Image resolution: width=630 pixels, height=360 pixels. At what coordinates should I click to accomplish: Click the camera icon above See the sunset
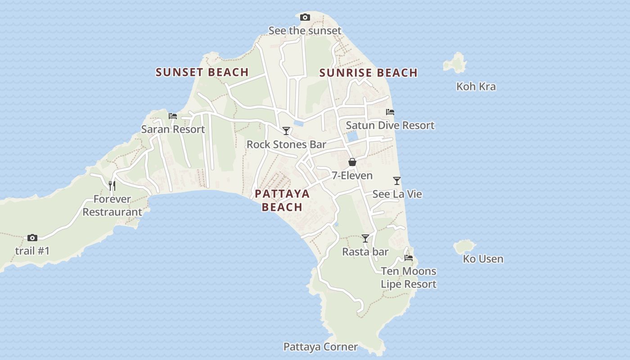pyautogui.click(x=305, y=18)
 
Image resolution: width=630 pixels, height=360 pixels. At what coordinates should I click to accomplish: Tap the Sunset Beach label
pyautogui.click(x=202, y=72)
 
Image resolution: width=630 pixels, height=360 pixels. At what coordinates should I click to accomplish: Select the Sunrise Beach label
pyautogui.click(x=368, y=73)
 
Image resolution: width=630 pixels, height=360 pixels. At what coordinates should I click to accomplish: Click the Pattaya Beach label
pyautogui.click(x=282, y=200)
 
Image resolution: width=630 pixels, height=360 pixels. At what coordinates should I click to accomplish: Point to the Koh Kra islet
pyautogui.click(x=455, y=63)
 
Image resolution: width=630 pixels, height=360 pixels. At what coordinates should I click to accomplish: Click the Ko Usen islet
pyautogui.click(x=464, y=246)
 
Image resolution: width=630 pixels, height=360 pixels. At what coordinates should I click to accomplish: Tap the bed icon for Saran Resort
pyautogui.click(x=173, y=116)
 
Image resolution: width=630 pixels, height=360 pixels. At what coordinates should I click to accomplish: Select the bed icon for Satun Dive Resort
pyautogui.click(x=390, y=112)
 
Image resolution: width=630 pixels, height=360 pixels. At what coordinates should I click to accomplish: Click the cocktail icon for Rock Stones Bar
pyautogui.click(x=286, y=131)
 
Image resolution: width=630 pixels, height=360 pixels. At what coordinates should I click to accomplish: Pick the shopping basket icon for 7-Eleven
pyautogui.click(x=352, y=162)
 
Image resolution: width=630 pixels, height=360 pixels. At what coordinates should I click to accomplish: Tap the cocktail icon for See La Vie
pyautogui.click(x=396, y=181)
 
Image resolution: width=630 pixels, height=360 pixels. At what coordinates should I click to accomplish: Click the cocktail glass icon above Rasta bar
pyautogui.click(x=365, y=238)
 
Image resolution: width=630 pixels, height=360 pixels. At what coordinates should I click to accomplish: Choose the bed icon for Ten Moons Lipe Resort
pyautogui.click(x=409, y=258)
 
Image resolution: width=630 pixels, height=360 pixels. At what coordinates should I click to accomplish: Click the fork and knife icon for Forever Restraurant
pyautogui.click(x=112, y=185)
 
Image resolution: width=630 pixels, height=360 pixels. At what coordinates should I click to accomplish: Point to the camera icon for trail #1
pyautogui.click(x=32, y=238)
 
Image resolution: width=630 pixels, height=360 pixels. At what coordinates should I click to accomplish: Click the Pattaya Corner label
pyautogui.click(x=320, y=347)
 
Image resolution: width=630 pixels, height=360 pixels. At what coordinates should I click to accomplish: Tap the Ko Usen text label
pyautogui.click(x=483, y=259)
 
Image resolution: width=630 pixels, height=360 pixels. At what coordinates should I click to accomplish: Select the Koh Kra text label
pyautogui.click(x=476, y=86)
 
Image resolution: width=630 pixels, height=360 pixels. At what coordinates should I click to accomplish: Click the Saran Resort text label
pyautogui.click(x=173, y=130)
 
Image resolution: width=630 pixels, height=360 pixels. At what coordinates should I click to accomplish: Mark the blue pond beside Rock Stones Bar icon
pyautogui.click(x=298, y=122)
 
